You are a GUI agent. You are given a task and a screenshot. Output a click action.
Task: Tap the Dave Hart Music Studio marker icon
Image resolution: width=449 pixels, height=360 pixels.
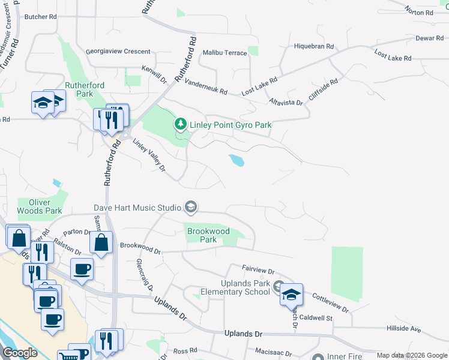point(191,208)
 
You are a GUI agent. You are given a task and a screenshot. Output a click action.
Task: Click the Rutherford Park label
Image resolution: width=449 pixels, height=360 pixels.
point(85,89)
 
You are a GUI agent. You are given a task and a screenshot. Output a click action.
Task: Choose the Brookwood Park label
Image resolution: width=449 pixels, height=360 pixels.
point(208,235)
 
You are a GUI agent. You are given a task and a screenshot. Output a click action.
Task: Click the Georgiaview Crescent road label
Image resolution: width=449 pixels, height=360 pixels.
point(118,52)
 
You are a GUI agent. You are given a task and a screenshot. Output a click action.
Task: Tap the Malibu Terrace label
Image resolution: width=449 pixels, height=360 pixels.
point(225,53)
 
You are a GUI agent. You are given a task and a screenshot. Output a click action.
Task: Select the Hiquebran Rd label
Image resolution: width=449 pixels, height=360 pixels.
point(313,46)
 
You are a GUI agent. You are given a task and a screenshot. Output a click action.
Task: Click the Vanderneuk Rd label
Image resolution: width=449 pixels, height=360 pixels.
point(206,88)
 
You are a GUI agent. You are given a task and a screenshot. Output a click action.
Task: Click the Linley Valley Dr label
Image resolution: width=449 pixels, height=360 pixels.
point(148,156)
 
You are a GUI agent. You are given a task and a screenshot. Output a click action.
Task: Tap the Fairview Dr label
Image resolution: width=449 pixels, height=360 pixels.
point(258,271)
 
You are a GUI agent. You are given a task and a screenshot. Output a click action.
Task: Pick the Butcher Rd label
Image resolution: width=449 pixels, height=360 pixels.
point(40,17)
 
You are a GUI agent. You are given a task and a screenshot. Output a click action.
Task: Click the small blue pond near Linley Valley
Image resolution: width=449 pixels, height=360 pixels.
point(236,160)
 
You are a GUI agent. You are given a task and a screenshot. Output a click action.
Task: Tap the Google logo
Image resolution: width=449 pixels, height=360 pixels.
point(20,353)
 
